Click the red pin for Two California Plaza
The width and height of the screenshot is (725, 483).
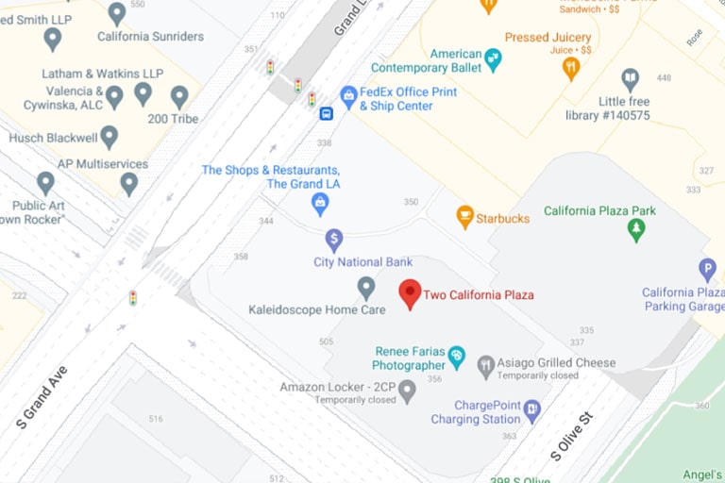click(x=409, y=293)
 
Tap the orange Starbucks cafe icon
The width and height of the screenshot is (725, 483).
click(x=464, y=217)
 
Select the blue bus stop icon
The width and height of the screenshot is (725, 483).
click(x=326, y=114)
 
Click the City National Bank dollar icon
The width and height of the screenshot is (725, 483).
click(x=333, y=240)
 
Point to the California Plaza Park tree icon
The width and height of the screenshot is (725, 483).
click(x=636, y=229)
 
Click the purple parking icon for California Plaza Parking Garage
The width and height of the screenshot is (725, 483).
click(x=707, y=270)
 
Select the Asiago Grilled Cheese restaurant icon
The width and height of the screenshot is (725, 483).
click(x=485, y=367)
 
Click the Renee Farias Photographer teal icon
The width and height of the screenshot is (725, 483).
click(x=457, y=357)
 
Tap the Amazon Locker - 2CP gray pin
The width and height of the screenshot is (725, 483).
click(x=407, y=390)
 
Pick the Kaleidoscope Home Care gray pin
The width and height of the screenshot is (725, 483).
click(x=366, y=288)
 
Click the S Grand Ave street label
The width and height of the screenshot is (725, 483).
click(x=42, y=397)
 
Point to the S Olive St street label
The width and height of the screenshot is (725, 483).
click(x=571, y=436)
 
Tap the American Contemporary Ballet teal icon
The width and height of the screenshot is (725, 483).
click(x=492, y=60)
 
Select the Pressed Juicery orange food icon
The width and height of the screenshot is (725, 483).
click(x=570, y=67)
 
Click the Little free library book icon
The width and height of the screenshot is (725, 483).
click(x=630, y=79)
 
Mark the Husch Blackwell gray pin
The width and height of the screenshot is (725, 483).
click(x=110, y=137)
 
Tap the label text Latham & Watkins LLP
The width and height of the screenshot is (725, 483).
click(x=102, y=74)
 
